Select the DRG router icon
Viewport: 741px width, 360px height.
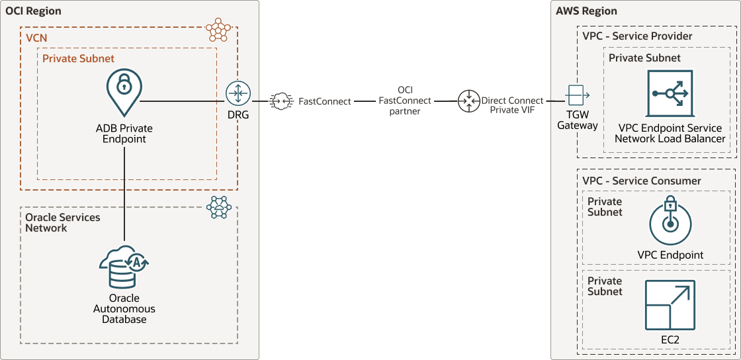pos(238,94)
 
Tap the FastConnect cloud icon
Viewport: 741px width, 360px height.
pos(281,101)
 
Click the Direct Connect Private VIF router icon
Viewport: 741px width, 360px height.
pos(469,101)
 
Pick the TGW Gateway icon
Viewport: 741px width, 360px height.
pos(577,96)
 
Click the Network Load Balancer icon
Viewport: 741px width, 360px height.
pos(670,95)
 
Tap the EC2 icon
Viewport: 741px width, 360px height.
pos(670,305)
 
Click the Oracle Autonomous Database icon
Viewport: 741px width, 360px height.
pos(124,265)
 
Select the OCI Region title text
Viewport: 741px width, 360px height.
pos(33,11)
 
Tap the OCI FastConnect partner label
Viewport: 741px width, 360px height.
pos(405,101)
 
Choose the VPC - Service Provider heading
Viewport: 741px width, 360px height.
pos(637,36)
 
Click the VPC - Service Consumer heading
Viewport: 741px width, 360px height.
pos(642,181)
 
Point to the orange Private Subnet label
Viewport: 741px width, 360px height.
pos(78,58)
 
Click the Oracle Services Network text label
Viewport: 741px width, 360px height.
pos(63,222)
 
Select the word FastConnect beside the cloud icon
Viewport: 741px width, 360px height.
pos(324,102)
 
